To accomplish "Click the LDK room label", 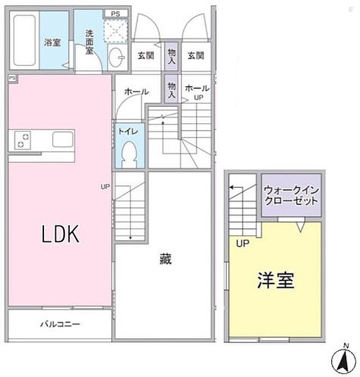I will click(x=60, y=235).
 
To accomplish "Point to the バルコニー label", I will click(x=60, y=325).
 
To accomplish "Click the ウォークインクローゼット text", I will click(x=290, y=194).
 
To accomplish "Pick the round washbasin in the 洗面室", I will click(x=116, y=56).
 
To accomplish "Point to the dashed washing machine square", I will click(x=115, y=29).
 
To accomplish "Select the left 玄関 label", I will click(x=146, y=55).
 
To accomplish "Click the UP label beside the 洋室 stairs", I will click(x=241, y=243).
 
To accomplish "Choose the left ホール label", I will click(x=136, y=92).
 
